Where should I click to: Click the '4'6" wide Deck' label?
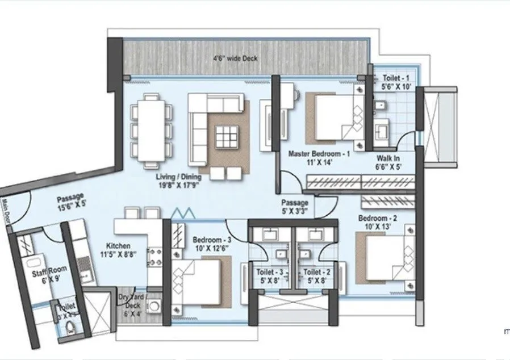[235, 58]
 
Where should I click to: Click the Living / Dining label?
[181, 181]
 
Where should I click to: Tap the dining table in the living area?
[152, 130]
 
